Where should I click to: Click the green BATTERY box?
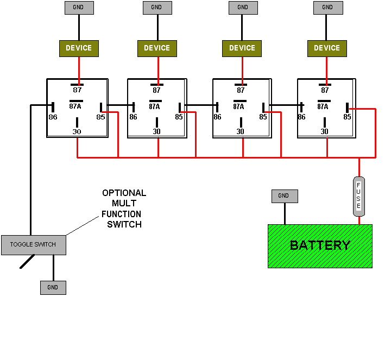click(x=320, y=246)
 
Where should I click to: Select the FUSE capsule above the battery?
click(x=358, y=196)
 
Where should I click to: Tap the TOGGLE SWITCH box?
click(x=33, y=244)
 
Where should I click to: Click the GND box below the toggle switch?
click(x=53, y=288)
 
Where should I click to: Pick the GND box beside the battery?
click(x=284, y=196)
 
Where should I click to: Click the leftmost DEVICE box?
click(x=79, y=48)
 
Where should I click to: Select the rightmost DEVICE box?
click(x=327, y=48)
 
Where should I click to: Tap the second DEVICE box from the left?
click(x=157, y=48)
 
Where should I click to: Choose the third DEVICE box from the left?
click(x=242, y=48)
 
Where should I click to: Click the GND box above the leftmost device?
click(x=79, y=8)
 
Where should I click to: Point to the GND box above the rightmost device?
click(x=327, y=8)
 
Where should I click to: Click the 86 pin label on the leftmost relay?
click(x=53, y=117)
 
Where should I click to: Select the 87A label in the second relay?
click(x=154, y=107)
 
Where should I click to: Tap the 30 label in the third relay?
click(x=240, y=131)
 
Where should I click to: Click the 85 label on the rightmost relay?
click(x=347, y=117)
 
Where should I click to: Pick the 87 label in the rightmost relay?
click(x=325, y=91)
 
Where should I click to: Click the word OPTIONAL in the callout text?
click(x=124, y=193)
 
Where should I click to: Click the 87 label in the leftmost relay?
click(x=77, y=91)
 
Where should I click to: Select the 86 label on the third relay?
click(x=217, y=117)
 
